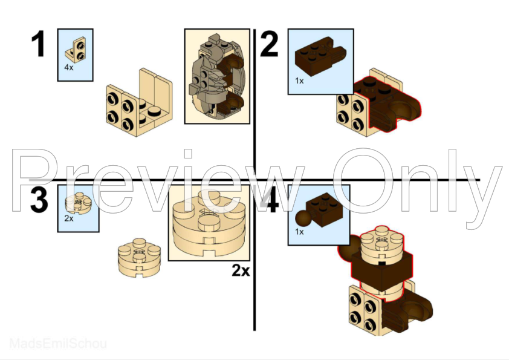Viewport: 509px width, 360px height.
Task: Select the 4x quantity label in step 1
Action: click(69, 68)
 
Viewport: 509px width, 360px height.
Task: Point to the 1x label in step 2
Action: click(299, 80)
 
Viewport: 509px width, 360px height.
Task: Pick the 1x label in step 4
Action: click(299, 231)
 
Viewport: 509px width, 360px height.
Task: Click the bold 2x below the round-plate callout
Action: click(240, 270)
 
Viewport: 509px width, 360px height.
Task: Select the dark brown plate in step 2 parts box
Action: click(317, 57)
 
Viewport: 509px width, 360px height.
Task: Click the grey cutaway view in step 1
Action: click(217, 76)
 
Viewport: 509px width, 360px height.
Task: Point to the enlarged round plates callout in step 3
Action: click(209, 223)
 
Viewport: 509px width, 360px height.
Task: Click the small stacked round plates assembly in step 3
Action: click(138, 257)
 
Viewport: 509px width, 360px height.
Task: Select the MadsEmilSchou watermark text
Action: click(58, 344)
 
